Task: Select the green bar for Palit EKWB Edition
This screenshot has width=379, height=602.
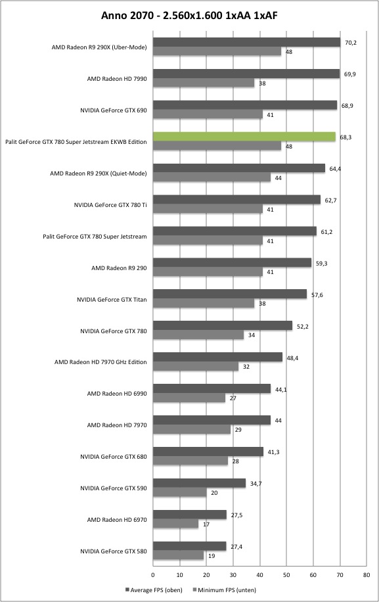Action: (x=244, y=137)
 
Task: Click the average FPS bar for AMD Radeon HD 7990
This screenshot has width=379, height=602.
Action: (x=246, y=74)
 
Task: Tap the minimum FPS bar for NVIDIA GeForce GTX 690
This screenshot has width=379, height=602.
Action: (x=208, y=114)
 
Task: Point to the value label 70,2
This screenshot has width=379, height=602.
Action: (x=351, y=43)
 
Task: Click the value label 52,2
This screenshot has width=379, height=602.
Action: (x=303, y=327)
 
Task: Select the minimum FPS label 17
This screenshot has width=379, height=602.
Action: (x=206, y=524)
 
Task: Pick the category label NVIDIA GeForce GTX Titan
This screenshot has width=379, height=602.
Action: (x=112, y=300)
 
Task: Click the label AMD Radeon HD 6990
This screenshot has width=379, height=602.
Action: (x=117, y=394)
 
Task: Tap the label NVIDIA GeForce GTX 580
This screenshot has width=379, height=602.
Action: (x=114, y=551)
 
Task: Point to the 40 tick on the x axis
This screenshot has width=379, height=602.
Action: (x=260, y=575)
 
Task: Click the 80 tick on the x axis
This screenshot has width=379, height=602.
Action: (x=367, y=575)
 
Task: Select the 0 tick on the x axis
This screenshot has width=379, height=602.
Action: (x=153, y=575)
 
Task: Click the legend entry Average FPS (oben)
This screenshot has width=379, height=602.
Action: (x=154, y=590)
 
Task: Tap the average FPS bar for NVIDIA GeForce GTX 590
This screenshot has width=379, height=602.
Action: (x=200, y=483)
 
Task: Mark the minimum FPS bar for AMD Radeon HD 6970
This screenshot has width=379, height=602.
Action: (x=175, y=524)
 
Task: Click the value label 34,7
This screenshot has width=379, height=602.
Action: (x=256, y=484)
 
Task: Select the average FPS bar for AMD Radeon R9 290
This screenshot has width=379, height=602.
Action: (x=232, y=262)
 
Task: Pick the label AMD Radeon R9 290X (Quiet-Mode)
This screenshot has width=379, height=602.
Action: (x=99, y=174)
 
